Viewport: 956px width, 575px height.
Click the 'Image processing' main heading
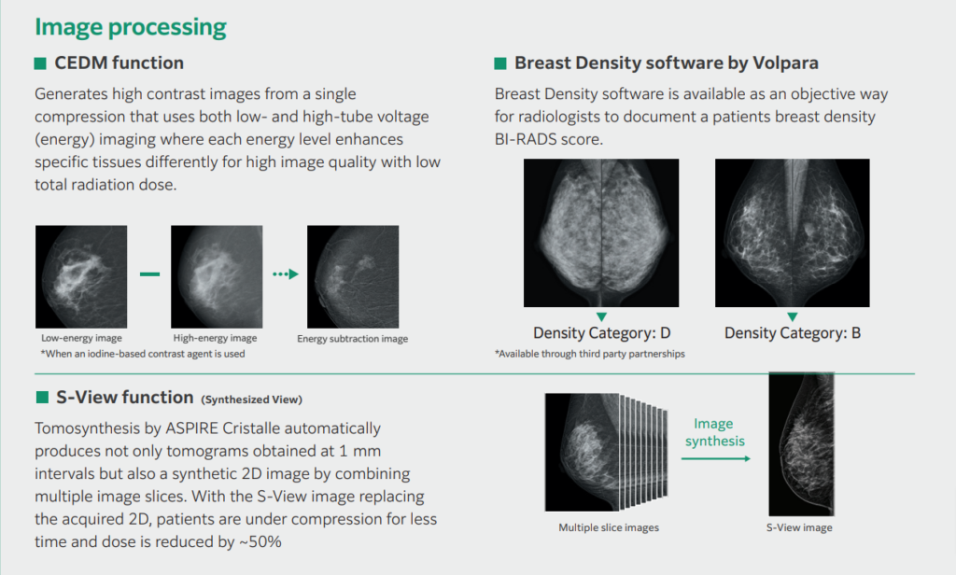131,27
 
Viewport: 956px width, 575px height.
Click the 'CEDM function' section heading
119,63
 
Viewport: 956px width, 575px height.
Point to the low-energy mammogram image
81,277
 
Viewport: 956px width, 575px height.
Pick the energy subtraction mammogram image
352,277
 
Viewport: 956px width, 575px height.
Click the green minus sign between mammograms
149,274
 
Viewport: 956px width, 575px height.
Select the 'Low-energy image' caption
81,338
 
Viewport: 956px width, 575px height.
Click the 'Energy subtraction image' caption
352,339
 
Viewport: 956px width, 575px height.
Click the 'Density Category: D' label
601,333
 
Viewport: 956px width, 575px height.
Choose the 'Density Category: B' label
792,333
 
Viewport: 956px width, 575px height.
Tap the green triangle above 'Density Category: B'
792,317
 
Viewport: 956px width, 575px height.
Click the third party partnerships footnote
590,354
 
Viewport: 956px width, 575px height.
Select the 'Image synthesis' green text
716,431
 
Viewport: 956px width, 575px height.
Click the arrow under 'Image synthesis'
716,456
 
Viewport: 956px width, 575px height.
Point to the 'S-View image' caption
799,528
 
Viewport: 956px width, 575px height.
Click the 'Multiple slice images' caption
609,528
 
